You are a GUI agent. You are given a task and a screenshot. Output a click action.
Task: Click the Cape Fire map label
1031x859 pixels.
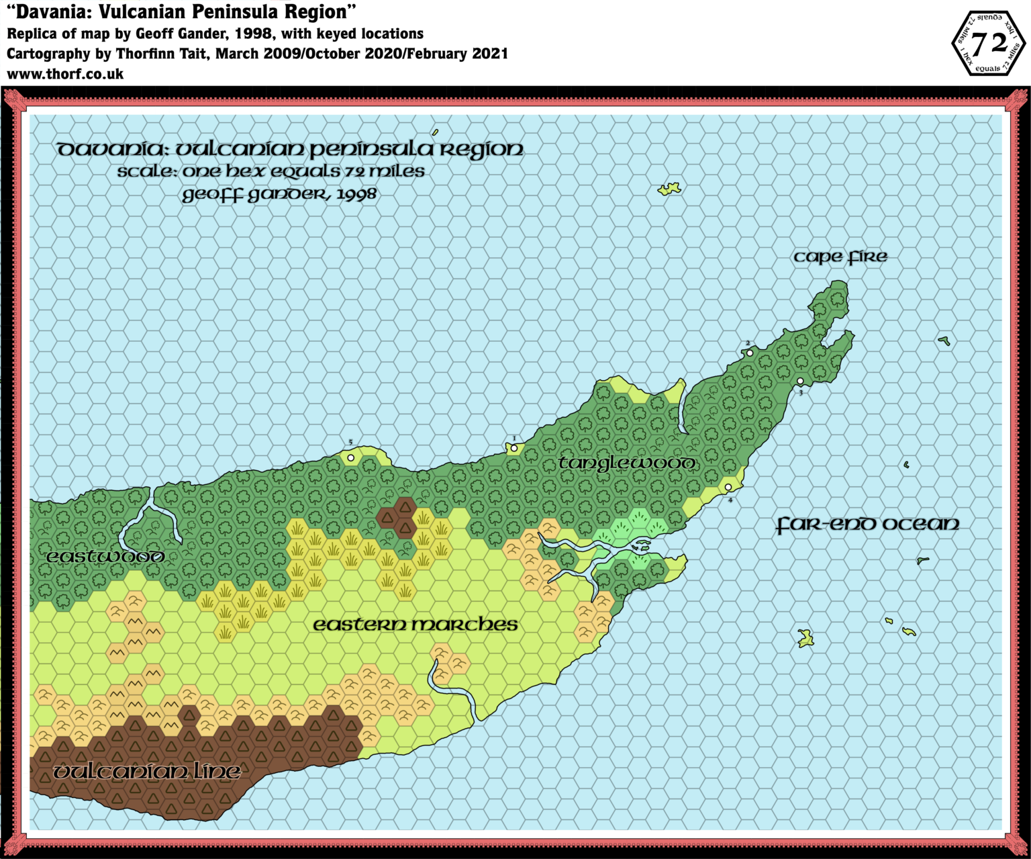840,257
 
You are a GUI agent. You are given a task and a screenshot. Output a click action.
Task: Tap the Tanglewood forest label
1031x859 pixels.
627,463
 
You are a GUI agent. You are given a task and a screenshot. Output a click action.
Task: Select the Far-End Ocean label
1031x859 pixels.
867,525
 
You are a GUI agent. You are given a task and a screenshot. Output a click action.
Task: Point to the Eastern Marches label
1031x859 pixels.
415,625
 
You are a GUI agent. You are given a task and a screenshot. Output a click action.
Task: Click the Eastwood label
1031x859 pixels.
105,557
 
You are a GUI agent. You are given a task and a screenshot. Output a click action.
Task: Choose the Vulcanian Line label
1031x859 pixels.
146,772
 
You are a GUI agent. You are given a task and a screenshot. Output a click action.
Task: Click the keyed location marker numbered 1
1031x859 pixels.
513,448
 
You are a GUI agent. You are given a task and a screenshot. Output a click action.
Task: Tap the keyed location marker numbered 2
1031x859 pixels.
750,353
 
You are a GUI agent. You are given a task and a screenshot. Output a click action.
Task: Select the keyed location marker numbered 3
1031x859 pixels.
800,381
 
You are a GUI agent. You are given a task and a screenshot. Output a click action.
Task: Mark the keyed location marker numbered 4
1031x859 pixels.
728,488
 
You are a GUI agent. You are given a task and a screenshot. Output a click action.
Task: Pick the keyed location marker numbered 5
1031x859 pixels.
350,458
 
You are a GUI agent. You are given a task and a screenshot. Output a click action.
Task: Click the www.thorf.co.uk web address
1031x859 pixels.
65,74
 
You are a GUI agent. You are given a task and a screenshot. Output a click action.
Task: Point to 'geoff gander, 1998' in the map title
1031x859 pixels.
279,195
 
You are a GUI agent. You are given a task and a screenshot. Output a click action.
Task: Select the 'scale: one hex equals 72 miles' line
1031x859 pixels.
271,172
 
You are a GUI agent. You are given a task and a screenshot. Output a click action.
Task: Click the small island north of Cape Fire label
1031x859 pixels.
669,189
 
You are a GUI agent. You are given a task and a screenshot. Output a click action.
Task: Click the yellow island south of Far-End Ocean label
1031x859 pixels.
805,638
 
